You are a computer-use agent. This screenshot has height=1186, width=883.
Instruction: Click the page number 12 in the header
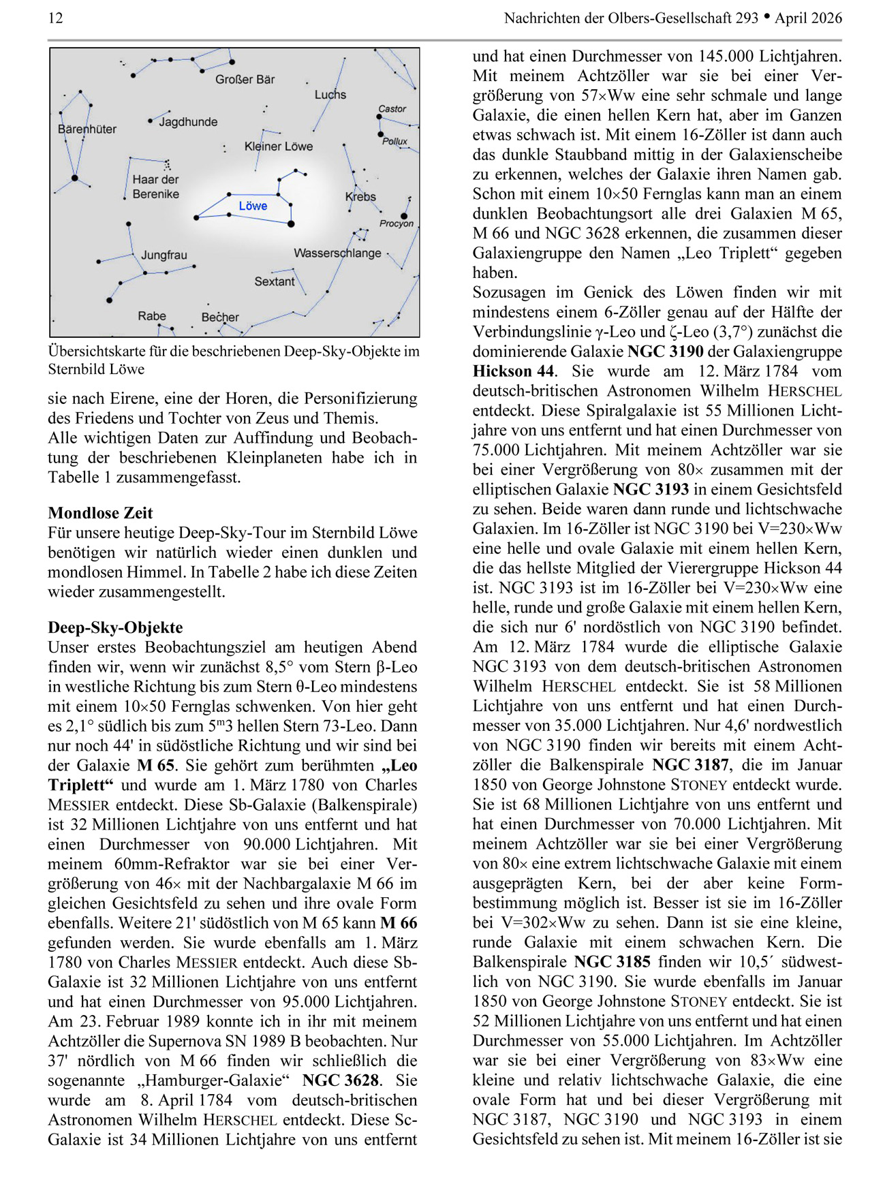[55, 18]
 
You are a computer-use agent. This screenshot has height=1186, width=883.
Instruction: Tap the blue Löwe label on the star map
[253, 206]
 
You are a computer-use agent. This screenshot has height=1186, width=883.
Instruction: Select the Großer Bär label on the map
[245, 80]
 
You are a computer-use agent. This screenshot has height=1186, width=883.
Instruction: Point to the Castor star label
[392, 109]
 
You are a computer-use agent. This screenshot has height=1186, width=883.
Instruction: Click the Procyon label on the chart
[396, 223]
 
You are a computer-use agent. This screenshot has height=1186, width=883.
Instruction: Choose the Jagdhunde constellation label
[188, 122]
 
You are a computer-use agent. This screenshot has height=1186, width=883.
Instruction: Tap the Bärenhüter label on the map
[87, 129]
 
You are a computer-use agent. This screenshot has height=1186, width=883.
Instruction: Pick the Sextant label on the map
[275, 281]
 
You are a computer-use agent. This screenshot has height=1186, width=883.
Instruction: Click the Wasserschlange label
[337, 253]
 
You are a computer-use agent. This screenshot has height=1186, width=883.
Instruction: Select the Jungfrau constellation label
[164, 255]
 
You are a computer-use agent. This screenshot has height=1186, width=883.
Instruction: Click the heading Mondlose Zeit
[100, 513]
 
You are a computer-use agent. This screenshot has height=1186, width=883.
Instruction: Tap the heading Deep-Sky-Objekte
[115, 627]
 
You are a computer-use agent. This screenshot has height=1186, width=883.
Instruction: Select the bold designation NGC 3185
[612, 962]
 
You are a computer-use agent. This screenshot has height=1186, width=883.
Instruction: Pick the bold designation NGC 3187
[690, 765]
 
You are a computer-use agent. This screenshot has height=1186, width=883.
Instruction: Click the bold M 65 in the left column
[156, 766]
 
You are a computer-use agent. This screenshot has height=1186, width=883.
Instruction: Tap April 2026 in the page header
[808, 18]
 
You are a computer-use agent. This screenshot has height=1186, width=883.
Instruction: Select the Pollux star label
[394, 142]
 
